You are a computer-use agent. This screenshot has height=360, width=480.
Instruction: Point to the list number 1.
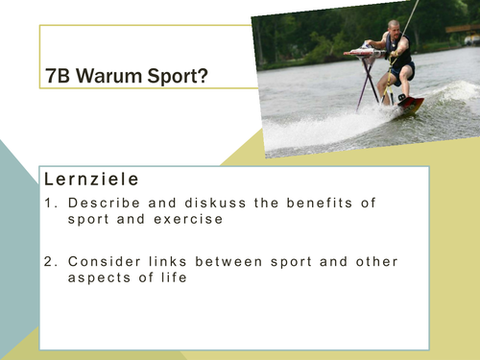(50, 203)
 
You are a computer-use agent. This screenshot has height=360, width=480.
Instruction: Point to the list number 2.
(50, 262)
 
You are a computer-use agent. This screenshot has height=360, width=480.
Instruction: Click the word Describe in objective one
(101, 203)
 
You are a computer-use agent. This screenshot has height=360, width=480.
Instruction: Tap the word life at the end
(169, 277)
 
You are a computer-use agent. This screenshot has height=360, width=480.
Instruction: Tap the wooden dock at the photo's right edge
(464, 29)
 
